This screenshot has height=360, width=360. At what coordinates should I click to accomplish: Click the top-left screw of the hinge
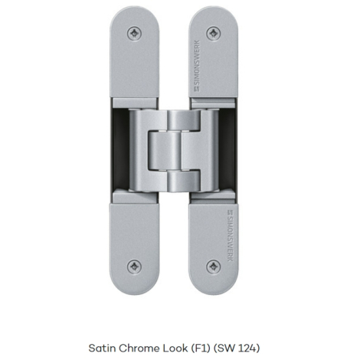point(134,34)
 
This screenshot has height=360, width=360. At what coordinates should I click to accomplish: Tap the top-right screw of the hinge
point(214,34)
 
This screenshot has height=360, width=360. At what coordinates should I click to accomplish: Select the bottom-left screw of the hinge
point(134,267)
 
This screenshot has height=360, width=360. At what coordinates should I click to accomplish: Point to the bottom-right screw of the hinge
point(214,267)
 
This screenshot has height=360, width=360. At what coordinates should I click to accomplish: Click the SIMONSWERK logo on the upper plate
point(197,66)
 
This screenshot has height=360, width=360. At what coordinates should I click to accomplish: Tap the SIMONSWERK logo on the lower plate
point(230,236)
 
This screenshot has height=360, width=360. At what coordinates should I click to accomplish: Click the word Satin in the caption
point(102,349)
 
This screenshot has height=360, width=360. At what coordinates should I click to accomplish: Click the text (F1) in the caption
point(201,349)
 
